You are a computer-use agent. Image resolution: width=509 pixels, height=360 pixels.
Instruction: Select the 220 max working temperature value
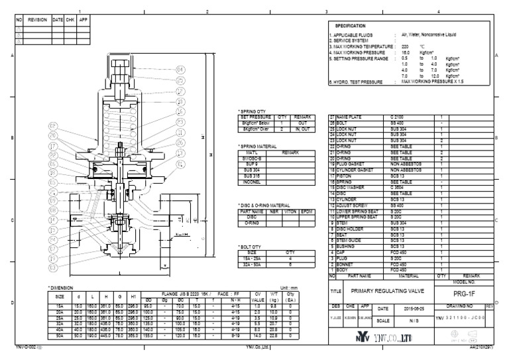405,46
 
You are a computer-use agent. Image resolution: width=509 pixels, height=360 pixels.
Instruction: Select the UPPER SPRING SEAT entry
351,216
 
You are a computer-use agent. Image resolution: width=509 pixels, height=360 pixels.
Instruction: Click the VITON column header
289,212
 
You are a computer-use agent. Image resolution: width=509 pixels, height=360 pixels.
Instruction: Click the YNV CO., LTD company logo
376,337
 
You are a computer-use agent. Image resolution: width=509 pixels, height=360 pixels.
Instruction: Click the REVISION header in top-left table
37,19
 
